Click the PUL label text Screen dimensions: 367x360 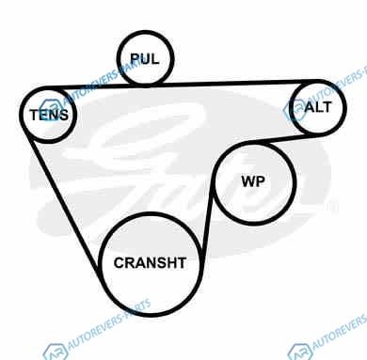(145, 58)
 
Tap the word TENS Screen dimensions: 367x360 (49, 115)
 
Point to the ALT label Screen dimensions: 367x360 (318, 107)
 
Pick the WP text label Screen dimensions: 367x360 (253, 181)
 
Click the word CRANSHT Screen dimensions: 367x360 (150, 263)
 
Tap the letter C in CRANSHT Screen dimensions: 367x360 (120, 263)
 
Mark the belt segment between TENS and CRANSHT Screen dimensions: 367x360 (63, 204)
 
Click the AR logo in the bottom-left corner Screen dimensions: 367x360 (56, 352)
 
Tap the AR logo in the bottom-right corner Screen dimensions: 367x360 (300, 352)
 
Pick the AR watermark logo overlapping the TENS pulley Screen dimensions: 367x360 (51, 110)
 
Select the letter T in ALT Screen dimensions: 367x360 (327, 107)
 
